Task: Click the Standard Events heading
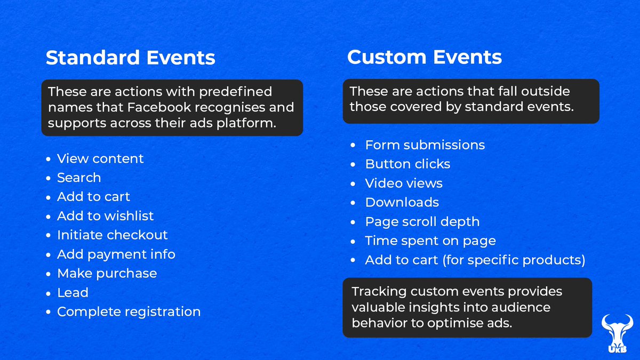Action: [x=130, y=58]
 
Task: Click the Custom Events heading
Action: [x=425, y=57]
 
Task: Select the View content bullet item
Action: [x=100, y=158]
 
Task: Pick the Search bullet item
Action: [x=79, y=178]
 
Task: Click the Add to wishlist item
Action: [x=105, y=216]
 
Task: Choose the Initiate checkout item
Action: [x=112, y=235]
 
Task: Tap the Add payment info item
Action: [x=116, y=254]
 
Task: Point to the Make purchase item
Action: [x=107, y=274]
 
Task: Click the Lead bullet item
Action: [x=73, y=293]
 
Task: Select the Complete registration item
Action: [x=129, y=312]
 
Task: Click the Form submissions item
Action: [x=425, y=145]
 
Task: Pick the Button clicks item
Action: [x=407, y=164]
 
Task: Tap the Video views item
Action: [x=404, y=183]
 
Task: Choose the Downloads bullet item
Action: [x=402, y=203]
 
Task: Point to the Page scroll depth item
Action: [x=422, y=222]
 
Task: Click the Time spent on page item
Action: [x=430, y=241]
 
